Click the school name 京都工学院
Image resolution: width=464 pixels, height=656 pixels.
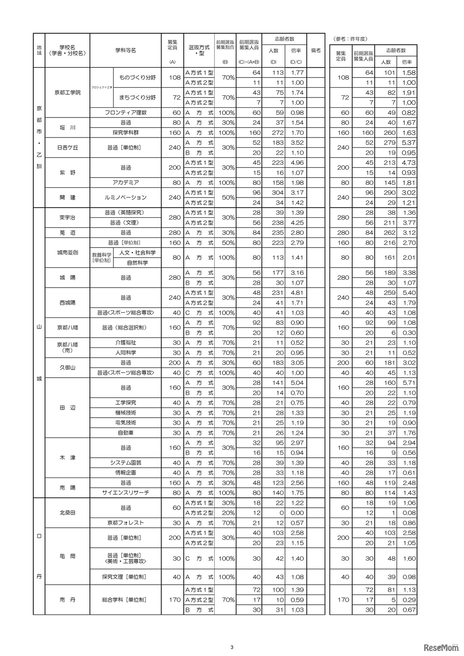[x=67, y=92]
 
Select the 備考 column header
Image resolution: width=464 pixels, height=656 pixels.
[x=316, y=50]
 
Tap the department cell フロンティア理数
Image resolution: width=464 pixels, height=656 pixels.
[x=125, y=112]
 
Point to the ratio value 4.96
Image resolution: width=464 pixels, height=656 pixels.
[x=297, y=163]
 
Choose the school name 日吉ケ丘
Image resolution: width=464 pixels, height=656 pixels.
[x=67, y=148]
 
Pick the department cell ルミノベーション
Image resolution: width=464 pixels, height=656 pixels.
[x=125, y=198]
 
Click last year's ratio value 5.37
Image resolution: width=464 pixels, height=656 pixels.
[x=409, y=143]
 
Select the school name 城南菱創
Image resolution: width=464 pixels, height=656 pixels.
[x=67, y=252]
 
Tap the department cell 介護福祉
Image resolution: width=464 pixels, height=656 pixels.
[x=125, y=342]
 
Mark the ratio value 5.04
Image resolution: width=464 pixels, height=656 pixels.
[x=297, y=383]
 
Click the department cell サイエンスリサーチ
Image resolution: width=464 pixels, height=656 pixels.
[x=125, y=493]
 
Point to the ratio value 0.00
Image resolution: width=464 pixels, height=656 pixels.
[x=297, y=513]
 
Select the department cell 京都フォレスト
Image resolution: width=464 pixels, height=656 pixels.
[x=125, y=523]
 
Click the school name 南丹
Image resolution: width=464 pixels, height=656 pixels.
[x=67, y=600]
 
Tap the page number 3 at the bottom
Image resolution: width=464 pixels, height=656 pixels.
[x=232, y=637]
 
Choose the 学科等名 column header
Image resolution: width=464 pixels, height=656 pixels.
[x=125, y=50]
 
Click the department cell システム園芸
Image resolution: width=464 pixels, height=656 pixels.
[x=125, y=463]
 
